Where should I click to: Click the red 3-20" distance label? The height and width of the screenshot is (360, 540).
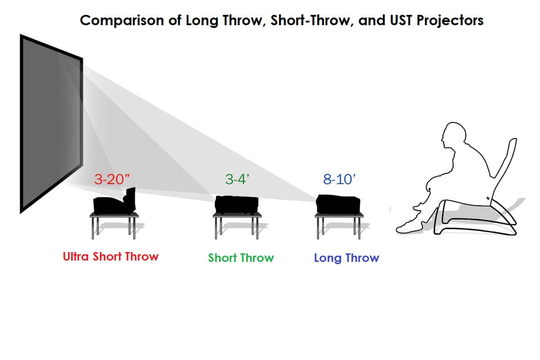112,180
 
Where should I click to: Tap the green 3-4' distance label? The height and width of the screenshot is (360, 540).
237,180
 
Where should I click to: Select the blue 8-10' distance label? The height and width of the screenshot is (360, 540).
339,180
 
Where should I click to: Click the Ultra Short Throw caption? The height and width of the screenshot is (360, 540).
111,256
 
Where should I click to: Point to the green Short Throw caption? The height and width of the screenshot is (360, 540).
241,258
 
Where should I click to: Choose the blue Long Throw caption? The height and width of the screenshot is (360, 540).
346,258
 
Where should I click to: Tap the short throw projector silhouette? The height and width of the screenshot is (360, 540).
237,205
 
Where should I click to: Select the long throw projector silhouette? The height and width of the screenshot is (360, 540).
338,204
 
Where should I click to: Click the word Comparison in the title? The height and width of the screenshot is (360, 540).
122,21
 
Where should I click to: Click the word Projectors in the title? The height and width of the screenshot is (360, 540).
450,21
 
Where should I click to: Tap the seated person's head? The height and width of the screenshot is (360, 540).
454,135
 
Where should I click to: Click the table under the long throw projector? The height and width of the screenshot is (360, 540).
339,225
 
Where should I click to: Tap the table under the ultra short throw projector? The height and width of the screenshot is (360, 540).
114,225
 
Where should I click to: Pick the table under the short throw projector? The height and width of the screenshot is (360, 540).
237,225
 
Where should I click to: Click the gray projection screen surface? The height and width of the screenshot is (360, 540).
52,123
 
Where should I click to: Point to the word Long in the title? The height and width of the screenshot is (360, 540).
202,21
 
